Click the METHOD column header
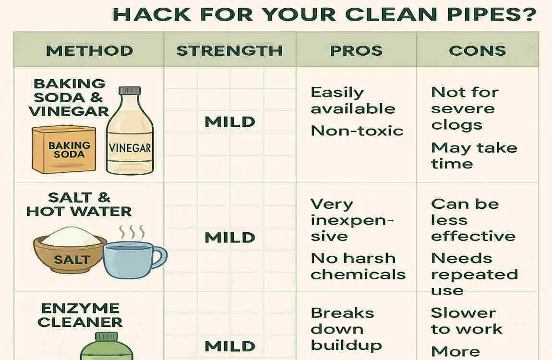pos(89,50)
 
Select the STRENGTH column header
pos(229,50)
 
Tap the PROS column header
pos(356,50)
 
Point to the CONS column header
pos(477,50)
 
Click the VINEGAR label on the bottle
pos(130,148)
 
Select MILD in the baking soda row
pos(229,122)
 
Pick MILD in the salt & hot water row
pos(229,237)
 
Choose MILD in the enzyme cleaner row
pos(229,346)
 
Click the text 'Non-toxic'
pos(357,131)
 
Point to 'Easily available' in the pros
pos(352,100)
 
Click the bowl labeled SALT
pos(71,252)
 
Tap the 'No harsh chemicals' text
pos(358,266)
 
